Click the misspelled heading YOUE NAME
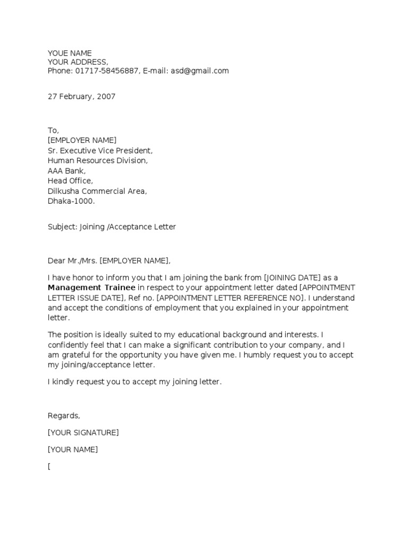click(69, 53)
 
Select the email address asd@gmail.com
click(200, 70)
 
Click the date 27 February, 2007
click(81, 96)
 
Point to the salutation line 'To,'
click(54, 130)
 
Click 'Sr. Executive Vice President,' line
click(100, 150)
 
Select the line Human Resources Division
click(98, 160)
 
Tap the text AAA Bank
click(66, 170)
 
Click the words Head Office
click(70, 181)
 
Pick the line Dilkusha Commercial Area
click(98, 191)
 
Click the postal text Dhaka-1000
click(71, 201)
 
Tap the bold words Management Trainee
click(91, 287)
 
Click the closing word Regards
click(64, 415)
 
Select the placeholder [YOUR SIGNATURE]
click(83, 432)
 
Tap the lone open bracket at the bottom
click(49, 466)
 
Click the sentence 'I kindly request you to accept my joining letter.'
click(134, 382)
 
